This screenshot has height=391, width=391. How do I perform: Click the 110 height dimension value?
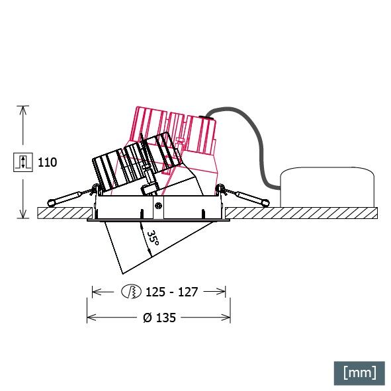click(x=48, y=162)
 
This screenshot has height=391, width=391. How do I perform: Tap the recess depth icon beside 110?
click(x=22, y=162)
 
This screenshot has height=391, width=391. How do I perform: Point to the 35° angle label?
click(x=152, y=239)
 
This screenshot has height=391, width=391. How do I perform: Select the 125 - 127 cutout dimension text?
click(x=173, y=291)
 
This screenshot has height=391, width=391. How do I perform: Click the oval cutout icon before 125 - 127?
click(x=131, y=291)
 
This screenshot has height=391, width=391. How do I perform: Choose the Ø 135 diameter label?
click(x=159, y=318)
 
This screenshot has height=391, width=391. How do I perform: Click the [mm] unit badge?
click(x=359, y=372)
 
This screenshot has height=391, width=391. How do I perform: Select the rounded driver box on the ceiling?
click(x=327, y=187)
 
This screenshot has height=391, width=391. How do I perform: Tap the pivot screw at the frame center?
click(x=159, y=206)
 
